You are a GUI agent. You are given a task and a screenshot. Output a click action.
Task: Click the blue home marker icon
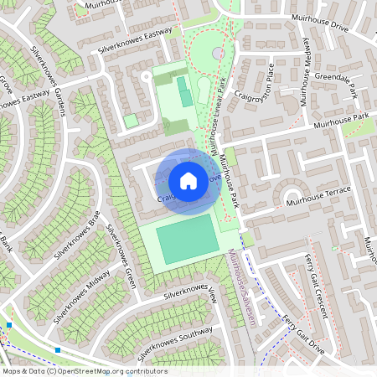(x=188, y=180)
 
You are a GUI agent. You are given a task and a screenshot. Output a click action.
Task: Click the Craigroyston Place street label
(x=255, y=98)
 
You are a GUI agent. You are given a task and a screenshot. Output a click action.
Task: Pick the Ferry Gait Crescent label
(x=315, y=293)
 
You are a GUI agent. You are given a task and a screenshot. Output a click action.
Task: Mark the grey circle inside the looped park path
(x=218, y=53)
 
